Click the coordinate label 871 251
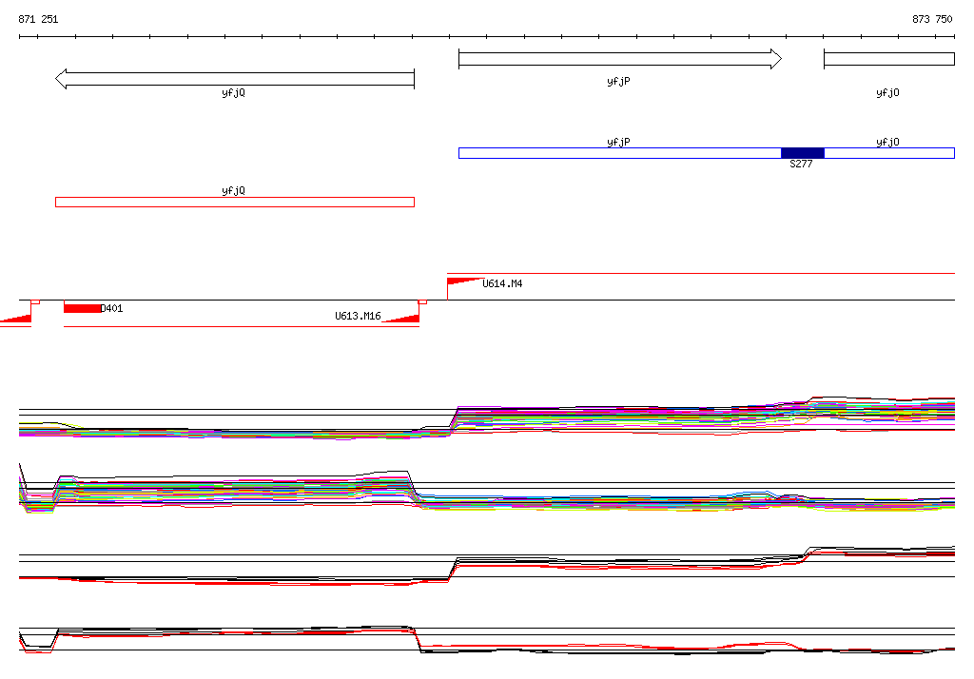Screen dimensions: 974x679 (x=38, y=19)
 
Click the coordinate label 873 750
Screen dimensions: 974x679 (x=932, y=19)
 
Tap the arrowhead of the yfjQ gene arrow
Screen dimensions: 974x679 (x=61, y=79)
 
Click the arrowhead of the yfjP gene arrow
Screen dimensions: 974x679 (x=776, y=59)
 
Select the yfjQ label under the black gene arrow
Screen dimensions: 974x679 (x=234, y=92)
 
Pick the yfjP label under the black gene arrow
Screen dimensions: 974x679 (x=618, y=82)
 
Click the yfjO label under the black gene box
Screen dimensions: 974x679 (x=887, y=92)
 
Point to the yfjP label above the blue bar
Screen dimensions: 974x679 (x=618, y=143)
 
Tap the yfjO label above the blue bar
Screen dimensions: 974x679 (x=887, y=143)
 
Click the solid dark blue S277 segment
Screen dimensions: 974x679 (x=803, y=153)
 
